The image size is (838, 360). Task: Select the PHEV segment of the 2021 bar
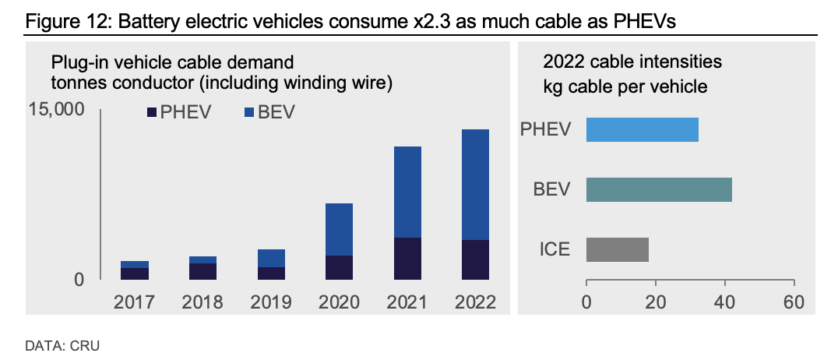(x=407, y=258)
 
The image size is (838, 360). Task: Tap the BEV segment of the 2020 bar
(x=339, y=229)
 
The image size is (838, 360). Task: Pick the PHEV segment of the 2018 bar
(x=202, y=270)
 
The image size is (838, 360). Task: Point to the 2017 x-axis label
(x=135, y=302)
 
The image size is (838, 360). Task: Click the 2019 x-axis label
(x=271, y=302)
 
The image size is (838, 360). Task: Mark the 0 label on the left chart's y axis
(x=79, y=278)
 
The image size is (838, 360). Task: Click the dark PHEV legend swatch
(x=152, y=113)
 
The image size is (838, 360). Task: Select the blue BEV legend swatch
(x=249, y=113)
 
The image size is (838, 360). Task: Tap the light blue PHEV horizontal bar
(x=642, y=129)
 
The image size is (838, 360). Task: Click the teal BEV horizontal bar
(x=659, y=189)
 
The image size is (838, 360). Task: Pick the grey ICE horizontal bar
(x=617, y=249)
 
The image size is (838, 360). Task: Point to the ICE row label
(x=555, y=249)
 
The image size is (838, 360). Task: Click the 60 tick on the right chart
(x=794, y=302)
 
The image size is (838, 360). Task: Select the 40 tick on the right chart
(x=724, y=302)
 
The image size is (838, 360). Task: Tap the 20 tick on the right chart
(x=655, y=302)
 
